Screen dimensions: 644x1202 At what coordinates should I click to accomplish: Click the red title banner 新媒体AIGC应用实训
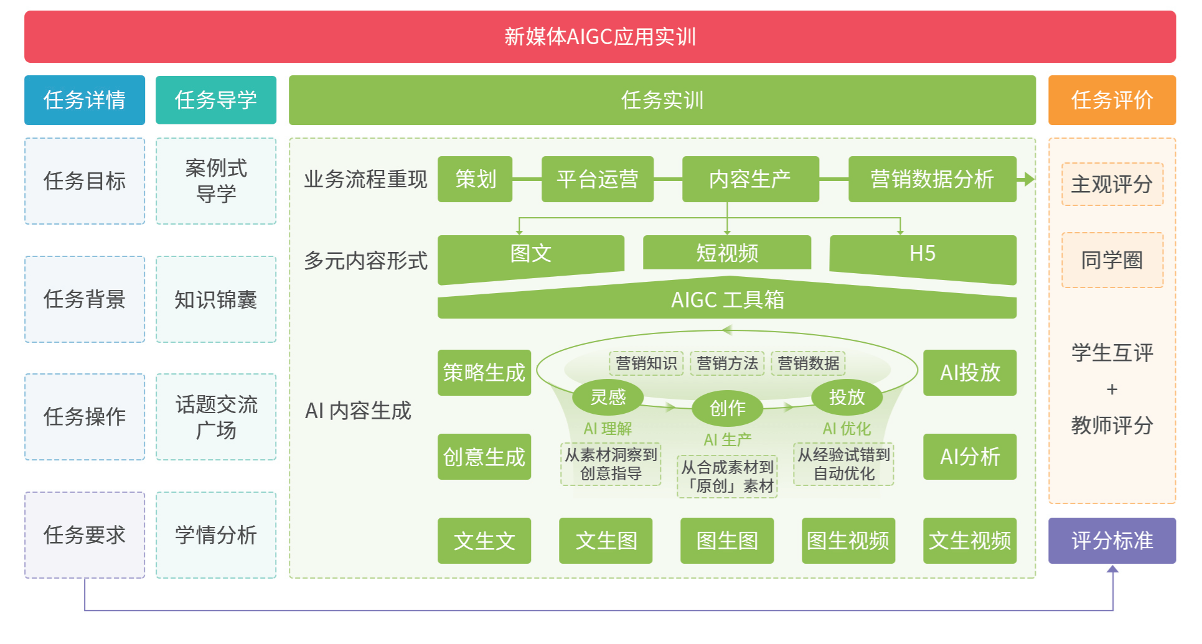tap(599, 37)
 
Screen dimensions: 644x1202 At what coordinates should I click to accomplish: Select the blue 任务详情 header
tap(85, 100)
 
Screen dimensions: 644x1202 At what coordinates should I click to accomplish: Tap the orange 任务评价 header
tap(1112, 100)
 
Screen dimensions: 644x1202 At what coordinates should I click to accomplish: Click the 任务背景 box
tap(85, 299)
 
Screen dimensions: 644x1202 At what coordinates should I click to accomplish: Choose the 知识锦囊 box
tap(216, 299)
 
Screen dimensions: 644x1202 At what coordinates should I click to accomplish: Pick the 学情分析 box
tap(216, 535)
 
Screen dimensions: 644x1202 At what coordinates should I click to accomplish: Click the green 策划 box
tap(475, 179)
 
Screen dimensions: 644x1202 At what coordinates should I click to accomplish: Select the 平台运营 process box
tap(597, 179)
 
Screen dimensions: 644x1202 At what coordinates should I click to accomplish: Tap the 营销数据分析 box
tap(932, 179)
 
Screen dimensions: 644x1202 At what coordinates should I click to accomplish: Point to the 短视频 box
tap(726, 253)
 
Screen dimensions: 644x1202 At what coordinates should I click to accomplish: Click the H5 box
tap(923, 254)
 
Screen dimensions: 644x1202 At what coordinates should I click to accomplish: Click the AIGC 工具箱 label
tap(727, 301)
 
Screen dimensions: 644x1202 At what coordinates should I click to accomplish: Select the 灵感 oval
tap(608, 397)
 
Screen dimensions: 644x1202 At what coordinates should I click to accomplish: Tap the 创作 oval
tap(727, 408)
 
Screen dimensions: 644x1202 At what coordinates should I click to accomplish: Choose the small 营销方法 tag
tap(727, 363)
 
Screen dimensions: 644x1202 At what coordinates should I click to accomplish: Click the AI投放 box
tap(969, 373)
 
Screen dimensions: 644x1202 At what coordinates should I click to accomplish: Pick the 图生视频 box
tap(848, 541)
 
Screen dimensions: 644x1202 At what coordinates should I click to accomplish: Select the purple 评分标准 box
tap(1112, 541)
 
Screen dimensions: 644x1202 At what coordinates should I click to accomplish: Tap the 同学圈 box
tap(1112, 260)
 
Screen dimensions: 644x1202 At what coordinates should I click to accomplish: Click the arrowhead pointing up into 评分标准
tap(1112, 569)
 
